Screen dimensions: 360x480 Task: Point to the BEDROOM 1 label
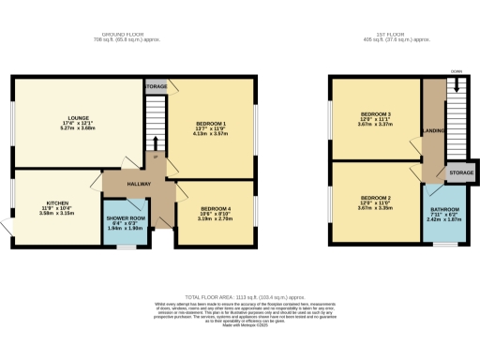(209, 124)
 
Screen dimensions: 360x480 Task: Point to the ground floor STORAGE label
(156, 86)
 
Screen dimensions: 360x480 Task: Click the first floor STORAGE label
(460, 173)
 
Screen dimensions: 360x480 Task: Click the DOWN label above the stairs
(457, 71)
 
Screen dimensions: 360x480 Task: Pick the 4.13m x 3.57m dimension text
(209, 134)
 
